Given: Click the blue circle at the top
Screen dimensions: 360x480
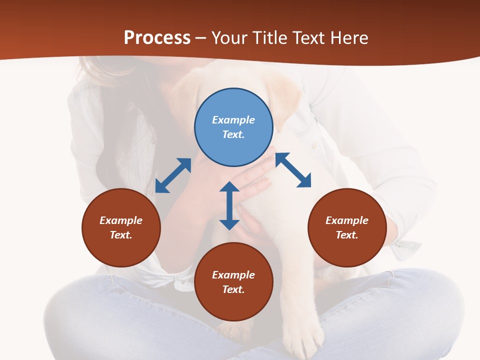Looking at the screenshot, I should point(233,127).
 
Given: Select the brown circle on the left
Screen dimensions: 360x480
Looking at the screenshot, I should point(121,227).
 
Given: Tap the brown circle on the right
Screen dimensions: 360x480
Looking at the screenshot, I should point(347,227).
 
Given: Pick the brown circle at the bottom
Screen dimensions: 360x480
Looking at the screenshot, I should point(233,282).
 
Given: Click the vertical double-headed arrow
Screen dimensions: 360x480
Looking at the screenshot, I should point(229,205).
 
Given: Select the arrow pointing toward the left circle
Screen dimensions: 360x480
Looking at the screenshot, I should point(173,175).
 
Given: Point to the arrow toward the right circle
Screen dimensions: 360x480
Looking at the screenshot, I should point(293,170).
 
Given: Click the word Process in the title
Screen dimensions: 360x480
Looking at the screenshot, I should point(157,37).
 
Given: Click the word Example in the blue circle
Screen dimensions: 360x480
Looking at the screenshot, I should point(233,120).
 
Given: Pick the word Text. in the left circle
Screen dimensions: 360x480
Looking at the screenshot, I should point(121,235).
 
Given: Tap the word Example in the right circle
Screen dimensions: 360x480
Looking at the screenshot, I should point(347,220).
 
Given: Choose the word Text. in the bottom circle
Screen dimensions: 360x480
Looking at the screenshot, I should point(233,289).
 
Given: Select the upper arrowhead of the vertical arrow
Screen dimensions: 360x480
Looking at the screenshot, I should point(229,187).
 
